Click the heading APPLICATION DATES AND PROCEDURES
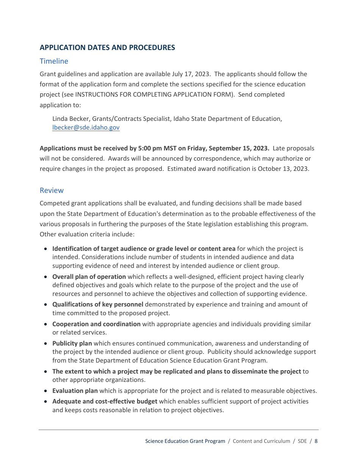click(x=107, y=48)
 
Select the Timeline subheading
click(x=54, y=61)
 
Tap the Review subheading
click(x=52, y=191)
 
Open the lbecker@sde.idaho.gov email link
click(x=86, y=128)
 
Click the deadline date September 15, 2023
click(x=239, y=149)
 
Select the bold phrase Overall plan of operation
click(x=89, y=277)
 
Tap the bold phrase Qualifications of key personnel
click(x=98, y=305)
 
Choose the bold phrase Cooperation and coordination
click(x=96, y=324)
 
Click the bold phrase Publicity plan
click(x=72, y=344)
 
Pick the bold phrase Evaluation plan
click(x=75, y=391)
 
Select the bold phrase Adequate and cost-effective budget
click(x=105, y=402)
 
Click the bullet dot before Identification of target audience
click(x=45, y=249)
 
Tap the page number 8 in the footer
click(x=316, y=441)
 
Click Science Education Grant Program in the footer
click(x=185, y=441)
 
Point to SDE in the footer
click(x=302, y=441)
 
